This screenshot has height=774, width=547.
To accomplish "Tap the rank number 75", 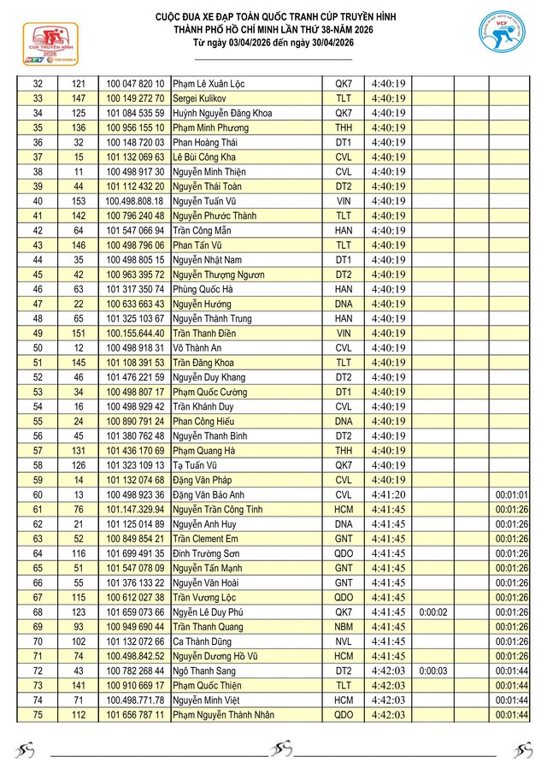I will click(x=38, y=715).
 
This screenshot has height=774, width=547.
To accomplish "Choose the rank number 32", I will click(x=38, y=84).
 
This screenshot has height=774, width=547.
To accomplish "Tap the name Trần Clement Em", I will click(x=205, y=539).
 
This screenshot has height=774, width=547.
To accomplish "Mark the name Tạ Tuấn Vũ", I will click(x=197, y=465).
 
